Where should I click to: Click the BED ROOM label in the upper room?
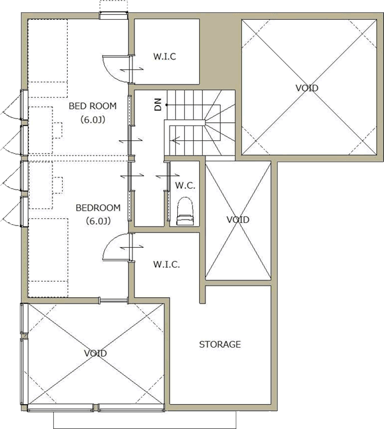coord(92,106)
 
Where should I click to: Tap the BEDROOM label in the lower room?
coord(98,208)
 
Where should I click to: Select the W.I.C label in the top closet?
coord(164,56)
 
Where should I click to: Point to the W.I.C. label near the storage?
coord(166,264)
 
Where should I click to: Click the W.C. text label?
coord(185,186)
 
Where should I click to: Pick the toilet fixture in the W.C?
coord(185,212)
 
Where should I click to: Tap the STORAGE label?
coord(220,344)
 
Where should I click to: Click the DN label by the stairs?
coord(158,104)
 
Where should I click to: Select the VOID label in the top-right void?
coord(307,88)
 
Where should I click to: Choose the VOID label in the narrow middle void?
coord(238,220)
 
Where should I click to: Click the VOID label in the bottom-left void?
coord(95,353)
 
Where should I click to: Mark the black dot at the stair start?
coord(166,105)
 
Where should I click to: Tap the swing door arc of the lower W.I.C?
coord(110,241)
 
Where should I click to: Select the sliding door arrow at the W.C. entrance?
coord(168,175)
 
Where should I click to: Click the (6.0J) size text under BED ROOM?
coord(93,120)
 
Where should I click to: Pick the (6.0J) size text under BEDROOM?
coord(99,221)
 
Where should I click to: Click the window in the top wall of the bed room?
coord(113,16)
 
